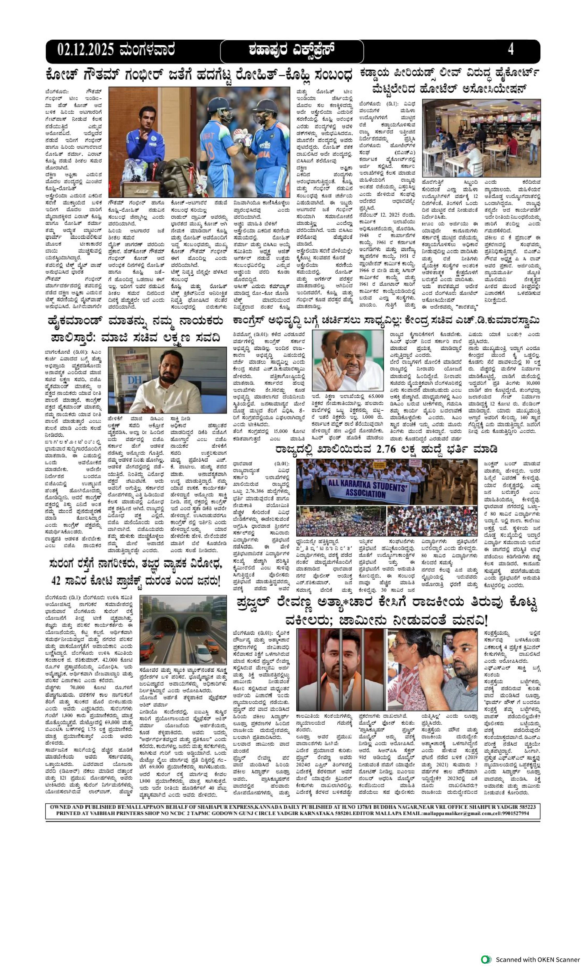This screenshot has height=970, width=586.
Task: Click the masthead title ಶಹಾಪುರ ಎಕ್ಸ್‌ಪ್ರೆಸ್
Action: [x=292, y=50]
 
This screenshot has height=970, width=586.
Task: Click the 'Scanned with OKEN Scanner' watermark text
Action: [x=537, y=959]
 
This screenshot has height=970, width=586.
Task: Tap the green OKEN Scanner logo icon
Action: [x=486, y=959]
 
